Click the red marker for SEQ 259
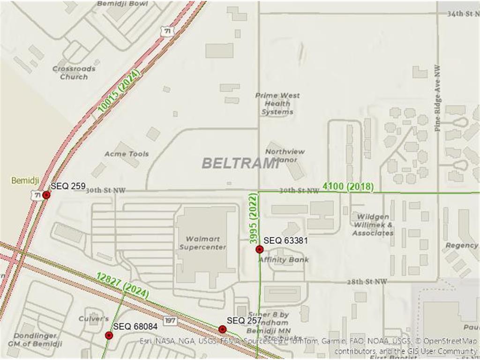pos(46,195)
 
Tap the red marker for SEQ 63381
pos(259,249)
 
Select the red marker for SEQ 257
pos(223,329)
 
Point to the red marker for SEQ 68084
pos(109,335)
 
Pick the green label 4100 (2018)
pos(348,187)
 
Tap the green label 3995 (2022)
pos(254,218)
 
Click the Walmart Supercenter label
pos(202,243)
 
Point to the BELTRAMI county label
pos(240,163)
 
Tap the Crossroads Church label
pos(74,73)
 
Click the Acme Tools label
pos(127,154)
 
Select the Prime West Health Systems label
pos(277,104)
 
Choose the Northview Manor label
pos(285,155)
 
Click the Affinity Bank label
pos(284,260)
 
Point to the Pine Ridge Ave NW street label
pos(437,97)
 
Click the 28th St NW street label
pos(367,282)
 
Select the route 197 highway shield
pos(170,320)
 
